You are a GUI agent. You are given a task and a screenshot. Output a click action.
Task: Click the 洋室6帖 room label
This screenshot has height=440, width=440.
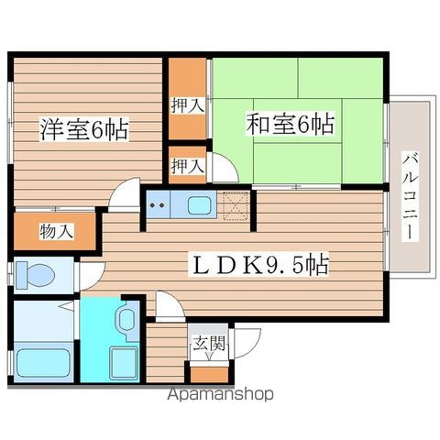point(83,130)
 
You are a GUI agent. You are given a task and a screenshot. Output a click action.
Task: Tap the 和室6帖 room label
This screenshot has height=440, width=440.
point(291,124)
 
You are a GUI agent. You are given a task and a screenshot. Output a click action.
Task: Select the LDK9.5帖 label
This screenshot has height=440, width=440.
point(259,264)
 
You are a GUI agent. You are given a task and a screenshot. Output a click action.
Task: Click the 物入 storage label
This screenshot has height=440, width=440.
point(57,231)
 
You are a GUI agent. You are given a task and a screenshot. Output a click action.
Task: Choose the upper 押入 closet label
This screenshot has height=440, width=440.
point(187,105)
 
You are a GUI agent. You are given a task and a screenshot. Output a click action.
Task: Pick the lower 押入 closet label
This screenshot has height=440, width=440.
point(187,166)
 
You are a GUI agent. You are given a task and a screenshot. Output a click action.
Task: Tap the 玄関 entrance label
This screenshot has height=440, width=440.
point(209,343)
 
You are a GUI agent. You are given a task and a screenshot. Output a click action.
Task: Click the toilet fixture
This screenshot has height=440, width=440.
point(35,275)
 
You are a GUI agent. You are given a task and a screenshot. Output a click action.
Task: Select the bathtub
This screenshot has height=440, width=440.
point(43,363)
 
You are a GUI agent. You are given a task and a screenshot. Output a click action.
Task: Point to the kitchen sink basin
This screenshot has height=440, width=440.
point(199,204)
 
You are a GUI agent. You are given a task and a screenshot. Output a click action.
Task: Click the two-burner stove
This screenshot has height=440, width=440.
point(158,204)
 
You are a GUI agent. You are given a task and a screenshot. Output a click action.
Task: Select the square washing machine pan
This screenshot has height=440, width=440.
point(124,363)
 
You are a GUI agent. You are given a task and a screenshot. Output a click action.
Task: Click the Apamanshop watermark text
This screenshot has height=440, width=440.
point(220,394)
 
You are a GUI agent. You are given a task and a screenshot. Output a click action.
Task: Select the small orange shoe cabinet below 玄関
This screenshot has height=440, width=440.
point(209,374)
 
